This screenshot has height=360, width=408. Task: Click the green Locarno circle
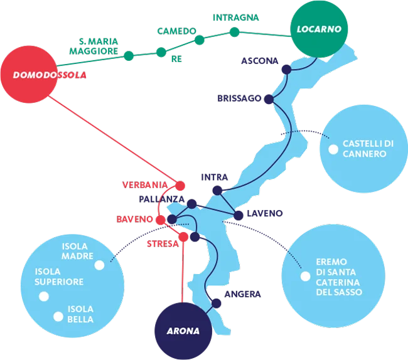click(x=319, y=29)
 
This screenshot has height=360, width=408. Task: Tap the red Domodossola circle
click(x=30, y=75)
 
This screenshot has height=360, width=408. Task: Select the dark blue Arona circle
click(x=183, y=331)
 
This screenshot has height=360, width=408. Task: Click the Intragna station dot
click(x=234, y=31)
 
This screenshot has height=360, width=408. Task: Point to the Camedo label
click(x=176, y=31)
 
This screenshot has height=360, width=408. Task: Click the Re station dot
click(x=160, y=53)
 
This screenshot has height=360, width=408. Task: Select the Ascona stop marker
click(x=286, y=70)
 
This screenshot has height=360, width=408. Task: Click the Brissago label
click(x=239, y=99)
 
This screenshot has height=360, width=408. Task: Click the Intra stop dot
click(x=217, y=190)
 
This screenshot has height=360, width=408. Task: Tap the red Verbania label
click(x=146, y=185)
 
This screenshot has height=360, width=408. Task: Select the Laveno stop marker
click(x=238, y=215)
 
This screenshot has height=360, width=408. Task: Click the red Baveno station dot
click(x=160, y=220)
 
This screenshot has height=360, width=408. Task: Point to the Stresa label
click(x=162, y=243)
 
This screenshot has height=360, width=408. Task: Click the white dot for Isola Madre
click(x=99, y=265)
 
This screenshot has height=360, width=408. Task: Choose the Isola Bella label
click(x=80, y=314)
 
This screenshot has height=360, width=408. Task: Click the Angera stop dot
click(x=217, y=304)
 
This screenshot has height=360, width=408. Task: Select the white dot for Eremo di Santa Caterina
click(x=305, y=276)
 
